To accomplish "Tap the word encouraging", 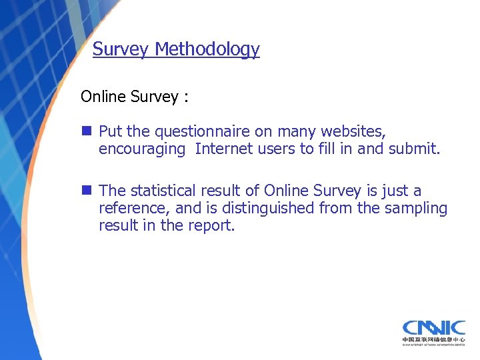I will [141, 149].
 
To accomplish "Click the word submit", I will [415, 149].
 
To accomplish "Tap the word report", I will [213, 226].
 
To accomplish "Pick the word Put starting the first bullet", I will [110, 131].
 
